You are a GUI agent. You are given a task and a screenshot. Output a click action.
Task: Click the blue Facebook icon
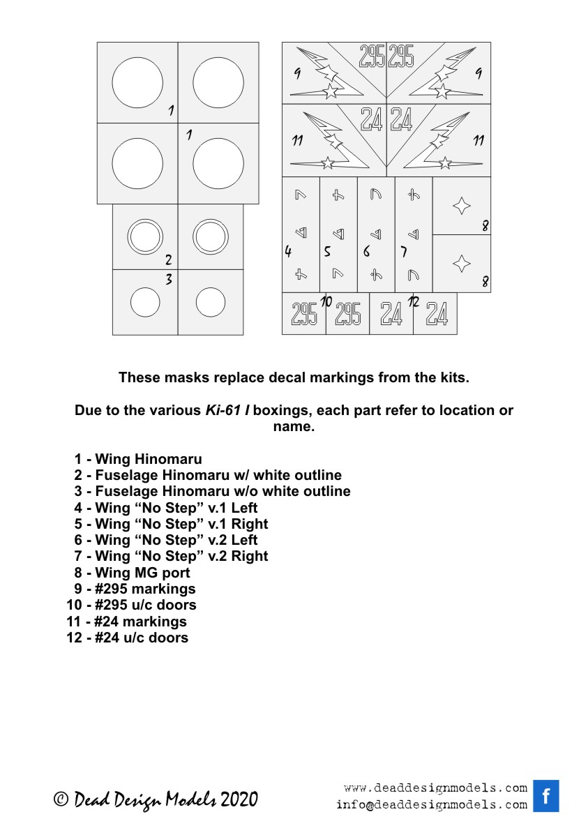point(546,796)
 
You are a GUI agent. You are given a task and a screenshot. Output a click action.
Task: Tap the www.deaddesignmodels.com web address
point(435,788)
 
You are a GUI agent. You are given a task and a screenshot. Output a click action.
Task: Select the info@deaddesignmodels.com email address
point(431,804)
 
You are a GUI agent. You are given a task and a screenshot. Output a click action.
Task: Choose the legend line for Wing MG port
point(132,573)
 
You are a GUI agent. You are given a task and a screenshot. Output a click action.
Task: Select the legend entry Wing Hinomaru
point(137,460)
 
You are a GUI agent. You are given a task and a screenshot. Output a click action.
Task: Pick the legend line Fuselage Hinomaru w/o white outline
point(212,492)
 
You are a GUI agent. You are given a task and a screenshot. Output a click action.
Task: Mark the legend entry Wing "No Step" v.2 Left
point(165,540)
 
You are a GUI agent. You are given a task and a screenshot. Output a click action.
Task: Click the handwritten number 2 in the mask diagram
point(169,260)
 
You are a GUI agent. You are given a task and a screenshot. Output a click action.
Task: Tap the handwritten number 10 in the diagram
point(326,301)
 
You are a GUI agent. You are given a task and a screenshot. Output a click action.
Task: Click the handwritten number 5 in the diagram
point(326,252)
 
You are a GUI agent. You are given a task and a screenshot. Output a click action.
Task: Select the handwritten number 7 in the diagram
point(403,252)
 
